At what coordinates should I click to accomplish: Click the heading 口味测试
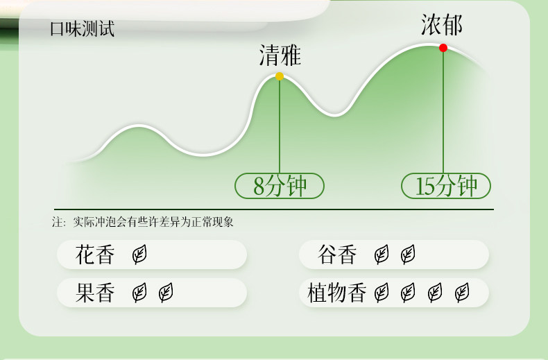(x=82, y=29)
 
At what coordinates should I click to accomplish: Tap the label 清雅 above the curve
(x=280, y=55)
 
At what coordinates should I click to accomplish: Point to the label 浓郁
(x=441, y=26)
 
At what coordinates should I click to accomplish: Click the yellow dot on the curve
(x=280, y=76)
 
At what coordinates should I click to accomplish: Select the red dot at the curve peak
(x=443, y=48)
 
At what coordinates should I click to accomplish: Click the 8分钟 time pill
(x=280, y=186)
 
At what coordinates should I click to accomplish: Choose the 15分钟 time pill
(x=446, y=186)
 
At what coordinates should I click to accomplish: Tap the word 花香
(x=94, y=255)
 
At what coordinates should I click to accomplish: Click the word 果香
(x=94, y=293)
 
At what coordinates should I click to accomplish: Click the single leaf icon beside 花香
(x=139, y=255)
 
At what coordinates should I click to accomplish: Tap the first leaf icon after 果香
(x=139, y=293)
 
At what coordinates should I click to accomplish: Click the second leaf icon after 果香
(x=166, y=293)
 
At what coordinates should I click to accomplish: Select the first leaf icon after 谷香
(x=382, y=255)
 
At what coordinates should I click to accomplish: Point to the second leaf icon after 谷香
(x=408, y=255)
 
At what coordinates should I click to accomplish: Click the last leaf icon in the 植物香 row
(x=461, y=293)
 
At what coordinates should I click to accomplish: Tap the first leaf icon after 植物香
(x=382, y=293)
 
